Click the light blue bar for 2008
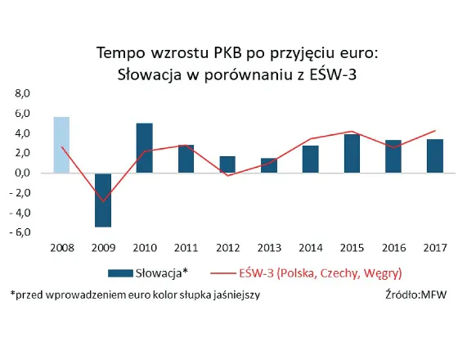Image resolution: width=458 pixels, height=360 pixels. (61, 145)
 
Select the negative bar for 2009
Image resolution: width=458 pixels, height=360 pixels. (102, 200)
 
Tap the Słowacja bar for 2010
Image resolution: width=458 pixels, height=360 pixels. (144, 148)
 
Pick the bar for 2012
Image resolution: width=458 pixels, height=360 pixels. (227, 164)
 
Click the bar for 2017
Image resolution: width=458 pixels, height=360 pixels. (434, 156)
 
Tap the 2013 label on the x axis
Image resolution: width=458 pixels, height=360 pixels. (268, 246)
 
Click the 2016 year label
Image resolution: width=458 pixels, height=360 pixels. (393, 246)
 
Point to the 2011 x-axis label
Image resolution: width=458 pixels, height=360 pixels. (186, 246)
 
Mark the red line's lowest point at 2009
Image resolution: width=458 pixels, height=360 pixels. (103, 201)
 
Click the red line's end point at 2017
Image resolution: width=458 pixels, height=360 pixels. (434, 131)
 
